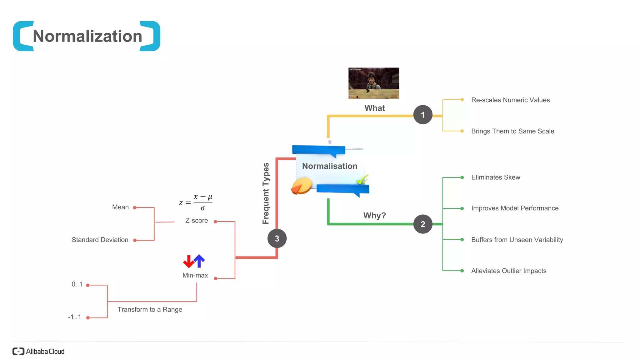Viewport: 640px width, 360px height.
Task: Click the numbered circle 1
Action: tap(422, 115)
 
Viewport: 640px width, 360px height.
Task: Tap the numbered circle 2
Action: tap(422, 224)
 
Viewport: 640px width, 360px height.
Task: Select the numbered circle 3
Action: tap(277, 238)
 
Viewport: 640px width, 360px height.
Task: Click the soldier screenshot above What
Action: tap(373, 83)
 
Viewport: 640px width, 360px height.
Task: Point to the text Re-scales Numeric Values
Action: tap(510, 100)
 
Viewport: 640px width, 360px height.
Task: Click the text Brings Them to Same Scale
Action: tap(512, 131)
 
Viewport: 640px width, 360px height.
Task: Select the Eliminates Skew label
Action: tap(496, 177)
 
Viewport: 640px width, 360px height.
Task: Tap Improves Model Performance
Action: tap(515, 208)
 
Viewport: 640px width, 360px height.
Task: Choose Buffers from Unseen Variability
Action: tap(517, 240)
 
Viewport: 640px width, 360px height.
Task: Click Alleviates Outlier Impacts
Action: tap(509, 271)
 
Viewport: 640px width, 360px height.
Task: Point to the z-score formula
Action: tap(196, 202)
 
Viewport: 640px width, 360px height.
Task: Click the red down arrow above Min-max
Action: tap(188, 262)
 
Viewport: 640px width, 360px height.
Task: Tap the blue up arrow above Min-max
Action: tap(199, 261)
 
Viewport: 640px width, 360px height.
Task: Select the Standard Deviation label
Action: tap(100, 240)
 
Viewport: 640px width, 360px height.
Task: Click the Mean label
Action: tap(120, 207)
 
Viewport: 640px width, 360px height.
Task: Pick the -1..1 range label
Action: tap(75, 317)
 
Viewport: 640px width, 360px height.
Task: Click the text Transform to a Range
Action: tap(150, 309)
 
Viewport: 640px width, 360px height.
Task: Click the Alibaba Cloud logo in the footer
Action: tap(38, 351)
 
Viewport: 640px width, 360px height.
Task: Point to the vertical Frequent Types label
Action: tap(266, 193)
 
